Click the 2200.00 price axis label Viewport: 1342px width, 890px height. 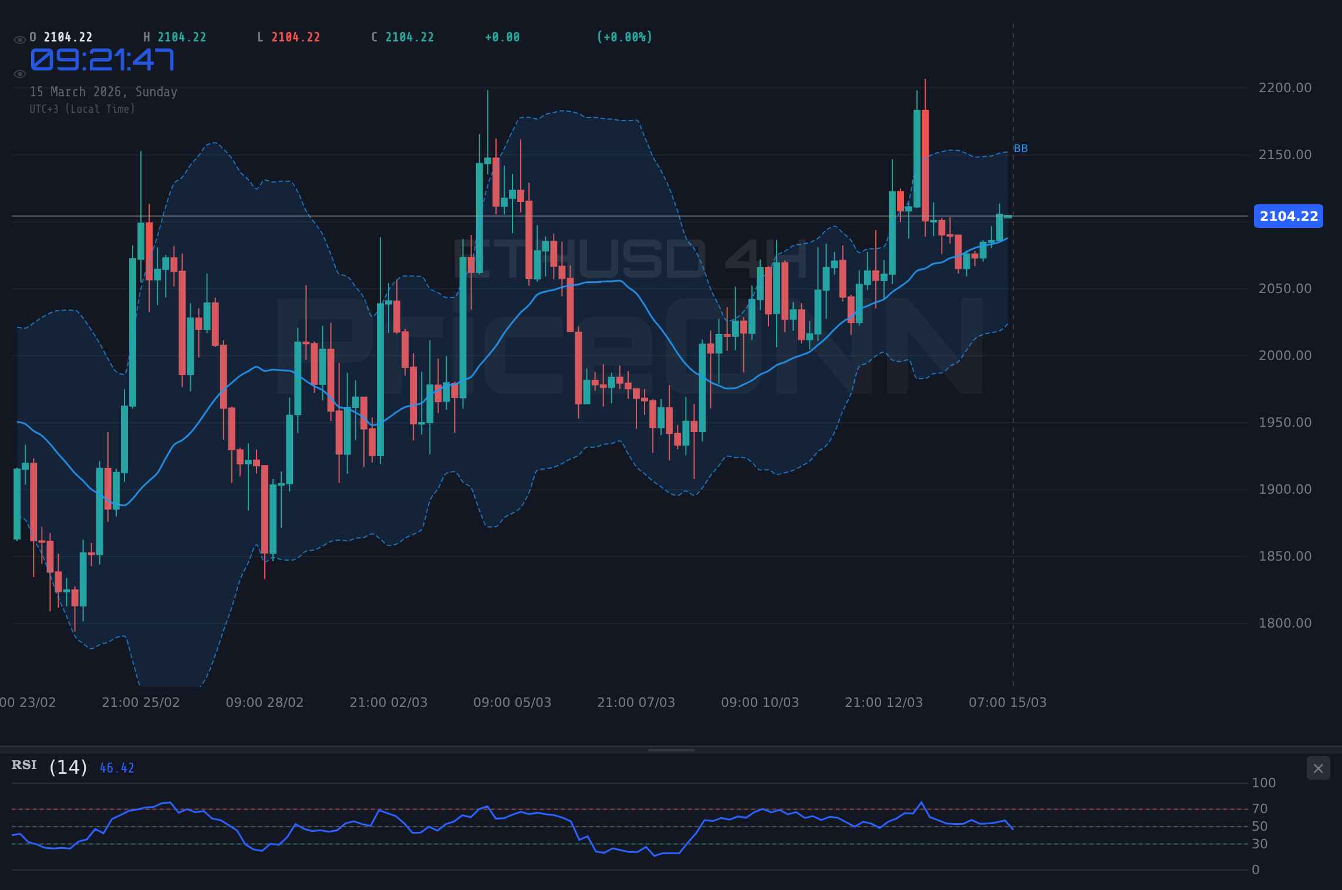pyautogui.click(x=1284, y=88)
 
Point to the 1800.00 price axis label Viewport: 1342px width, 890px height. pyautogui.click(x=1284, y=623)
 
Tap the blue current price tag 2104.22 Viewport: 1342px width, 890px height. pyautogui.click(x=1288, y=216)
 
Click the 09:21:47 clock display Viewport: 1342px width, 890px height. pyautogui.click(x=102, y=60)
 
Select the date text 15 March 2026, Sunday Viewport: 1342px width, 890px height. pyautogui.click(x=103, y=92)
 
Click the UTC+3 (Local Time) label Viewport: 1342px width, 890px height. pyautogui.click(x=82, y=109)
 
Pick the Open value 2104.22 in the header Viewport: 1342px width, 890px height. pyautogui.click(x=68, y=38)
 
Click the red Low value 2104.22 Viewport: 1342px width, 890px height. pyautogui.click(x=296, y=38)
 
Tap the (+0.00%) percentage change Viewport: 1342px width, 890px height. pyautogui.click(x=624, y=38)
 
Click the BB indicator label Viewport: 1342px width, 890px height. pyautogui.click(x=1021, y=149)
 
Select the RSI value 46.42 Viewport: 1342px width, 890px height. pyautogui.click(x=117, y=768)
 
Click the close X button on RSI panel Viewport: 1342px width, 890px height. pyautogui.click(x=1318, y=768)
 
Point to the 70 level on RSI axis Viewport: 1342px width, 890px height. pyautogui.click(x=1260, y=809)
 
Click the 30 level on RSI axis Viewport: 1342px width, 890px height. pyautogui.click(x=1260, y=844)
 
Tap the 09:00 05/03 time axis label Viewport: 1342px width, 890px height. pyautogui.click(x=512, y=703)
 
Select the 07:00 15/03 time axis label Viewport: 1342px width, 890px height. pyautogui.click(x=1007, y=703)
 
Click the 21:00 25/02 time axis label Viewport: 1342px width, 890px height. pyautogui.click(x=141, y=703)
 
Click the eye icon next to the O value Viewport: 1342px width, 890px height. pyautogui.click(x=19, y=40)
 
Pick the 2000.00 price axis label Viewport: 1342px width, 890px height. pyautogui.click(x=1284, y=356)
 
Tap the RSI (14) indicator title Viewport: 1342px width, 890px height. pyautogui.click(x=50, y=767)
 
